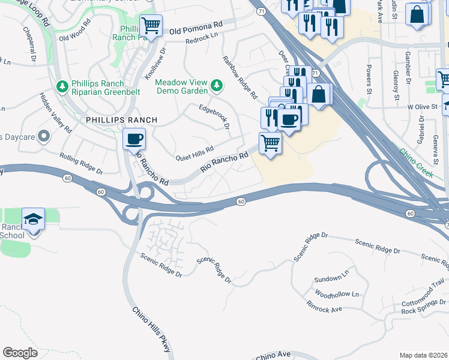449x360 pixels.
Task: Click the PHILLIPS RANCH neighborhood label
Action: click(x=121, y=120)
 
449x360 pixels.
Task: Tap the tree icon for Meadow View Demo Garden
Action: click(x=217, y=88)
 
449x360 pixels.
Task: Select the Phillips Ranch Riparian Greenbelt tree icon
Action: click(x=61, y=88)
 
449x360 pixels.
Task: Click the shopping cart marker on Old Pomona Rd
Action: click(x=151, y=26)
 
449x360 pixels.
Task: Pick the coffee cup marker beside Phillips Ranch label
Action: click(x=134, y=139)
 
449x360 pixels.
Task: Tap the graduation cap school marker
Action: click(x=34, y=220)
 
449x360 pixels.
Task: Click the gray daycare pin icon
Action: click(x=43, y=136)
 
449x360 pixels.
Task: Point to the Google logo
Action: click(x=20, y=352)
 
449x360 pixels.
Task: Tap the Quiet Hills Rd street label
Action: click(x=194, y=154)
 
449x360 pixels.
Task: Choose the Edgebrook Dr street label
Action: click(x=215, y=115)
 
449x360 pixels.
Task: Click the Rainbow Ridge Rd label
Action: click(x=240, y=77)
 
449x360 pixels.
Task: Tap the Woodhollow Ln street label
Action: click(x=336, y=295)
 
